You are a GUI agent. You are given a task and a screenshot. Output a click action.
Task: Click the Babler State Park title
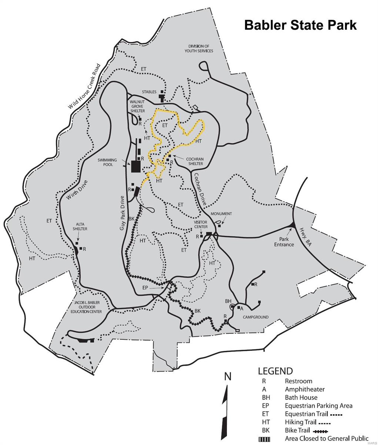pos(300,25)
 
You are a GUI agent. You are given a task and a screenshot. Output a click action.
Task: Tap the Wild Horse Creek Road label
pos(84,87)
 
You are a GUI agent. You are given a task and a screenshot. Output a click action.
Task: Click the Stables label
pos(149,92)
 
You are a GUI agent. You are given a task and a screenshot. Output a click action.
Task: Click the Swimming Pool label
pos(107,162)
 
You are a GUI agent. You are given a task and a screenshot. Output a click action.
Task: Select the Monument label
pos(221,214)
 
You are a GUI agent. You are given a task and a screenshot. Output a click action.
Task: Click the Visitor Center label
pos(201,224)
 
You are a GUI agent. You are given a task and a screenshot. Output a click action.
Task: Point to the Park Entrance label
pos(284,242)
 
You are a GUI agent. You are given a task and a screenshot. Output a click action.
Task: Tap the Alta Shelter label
pos(81,227)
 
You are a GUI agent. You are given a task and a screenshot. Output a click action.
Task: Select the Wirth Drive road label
pos(77,191)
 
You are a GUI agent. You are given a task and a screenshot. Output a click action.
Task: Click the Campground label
pos(255,317)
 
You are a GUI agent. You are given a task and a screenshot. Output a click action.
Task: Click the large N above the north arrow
pos(228,377)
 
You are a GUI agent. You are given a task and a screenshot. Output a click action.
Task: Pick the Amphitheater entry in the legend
pos(305,389)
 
